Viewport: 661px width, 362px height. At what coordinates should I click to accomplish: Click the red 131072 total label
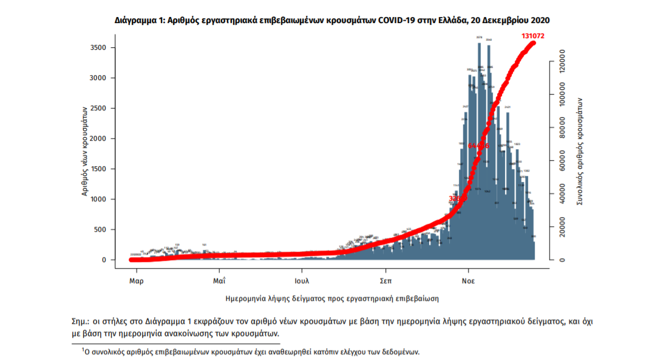(x=532, y=36)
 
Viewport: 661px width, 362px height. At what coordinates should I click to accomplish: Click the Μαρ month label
(x=137, y=281)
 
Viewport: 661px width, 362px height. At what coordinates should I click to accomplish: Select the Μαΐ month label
(x=220, y=281)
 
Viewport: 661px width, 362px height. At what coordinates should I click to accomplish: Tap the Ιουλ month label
(x=302, y=281)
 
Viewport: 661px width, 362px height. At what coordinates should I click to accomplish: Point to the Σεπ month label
(x=385, y=281)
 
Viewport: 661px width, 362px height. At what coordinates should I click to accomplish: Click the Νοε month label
(x=468, y=281)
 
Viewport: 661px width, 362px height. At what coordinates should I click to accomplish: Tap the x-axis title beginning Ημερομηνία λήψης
(x=331, y=298)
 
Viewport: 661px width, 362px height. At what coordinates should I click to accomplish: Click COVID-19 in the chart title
(x=401, y=20)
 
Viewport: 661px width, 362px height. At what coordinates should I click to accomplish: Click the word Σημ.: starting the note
(x=80, y=321)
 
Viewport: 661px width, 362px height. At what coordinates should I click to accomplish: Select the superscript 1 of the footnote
(x=83, y=349)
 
